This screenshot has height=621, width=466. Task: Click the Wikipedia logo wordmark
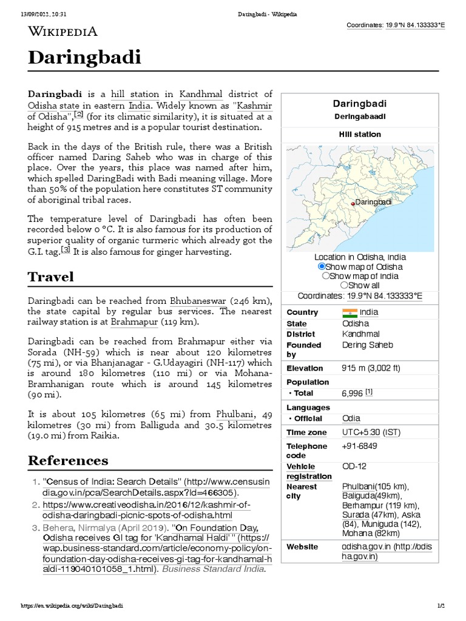point(63,31)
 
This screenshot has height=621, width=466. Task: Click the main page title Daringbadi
point(85,58)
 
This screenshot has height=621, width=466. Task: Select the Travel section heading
point(51,277)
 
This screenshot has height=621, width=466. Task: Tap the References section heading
point(68,460)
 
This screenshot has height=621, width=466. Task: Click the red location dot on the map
point(353,204)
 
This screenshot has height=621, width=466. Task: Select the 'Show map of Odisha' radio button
point(322,267)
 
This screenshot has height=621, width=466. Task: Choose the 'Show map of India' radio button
point(326,276)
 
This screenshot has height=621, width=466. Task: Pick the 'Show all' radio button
point(344,285)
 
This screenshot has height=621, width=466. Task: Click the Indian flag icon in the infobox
point(350,312)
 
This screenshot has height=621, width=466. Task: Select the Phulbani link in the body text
point(234,414)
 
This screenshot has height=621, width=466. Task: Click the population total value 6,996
point(353,394)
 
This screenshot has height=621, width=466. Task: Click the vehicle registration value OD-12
point(354,466)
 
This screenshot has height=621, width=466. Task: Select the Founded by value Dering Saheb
point(367,345)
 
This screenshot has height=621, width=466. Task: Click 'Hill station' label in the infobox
point(360,134)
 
